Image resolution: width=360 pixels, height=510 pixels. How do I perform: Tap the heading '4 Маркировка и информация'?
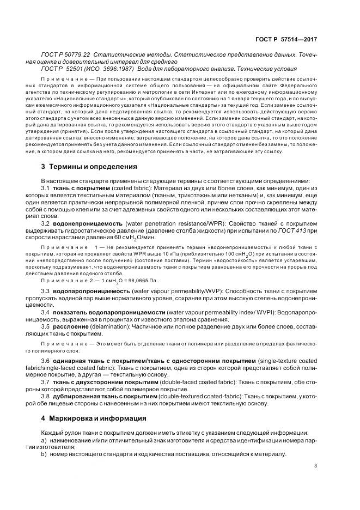tap(93, 418)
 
